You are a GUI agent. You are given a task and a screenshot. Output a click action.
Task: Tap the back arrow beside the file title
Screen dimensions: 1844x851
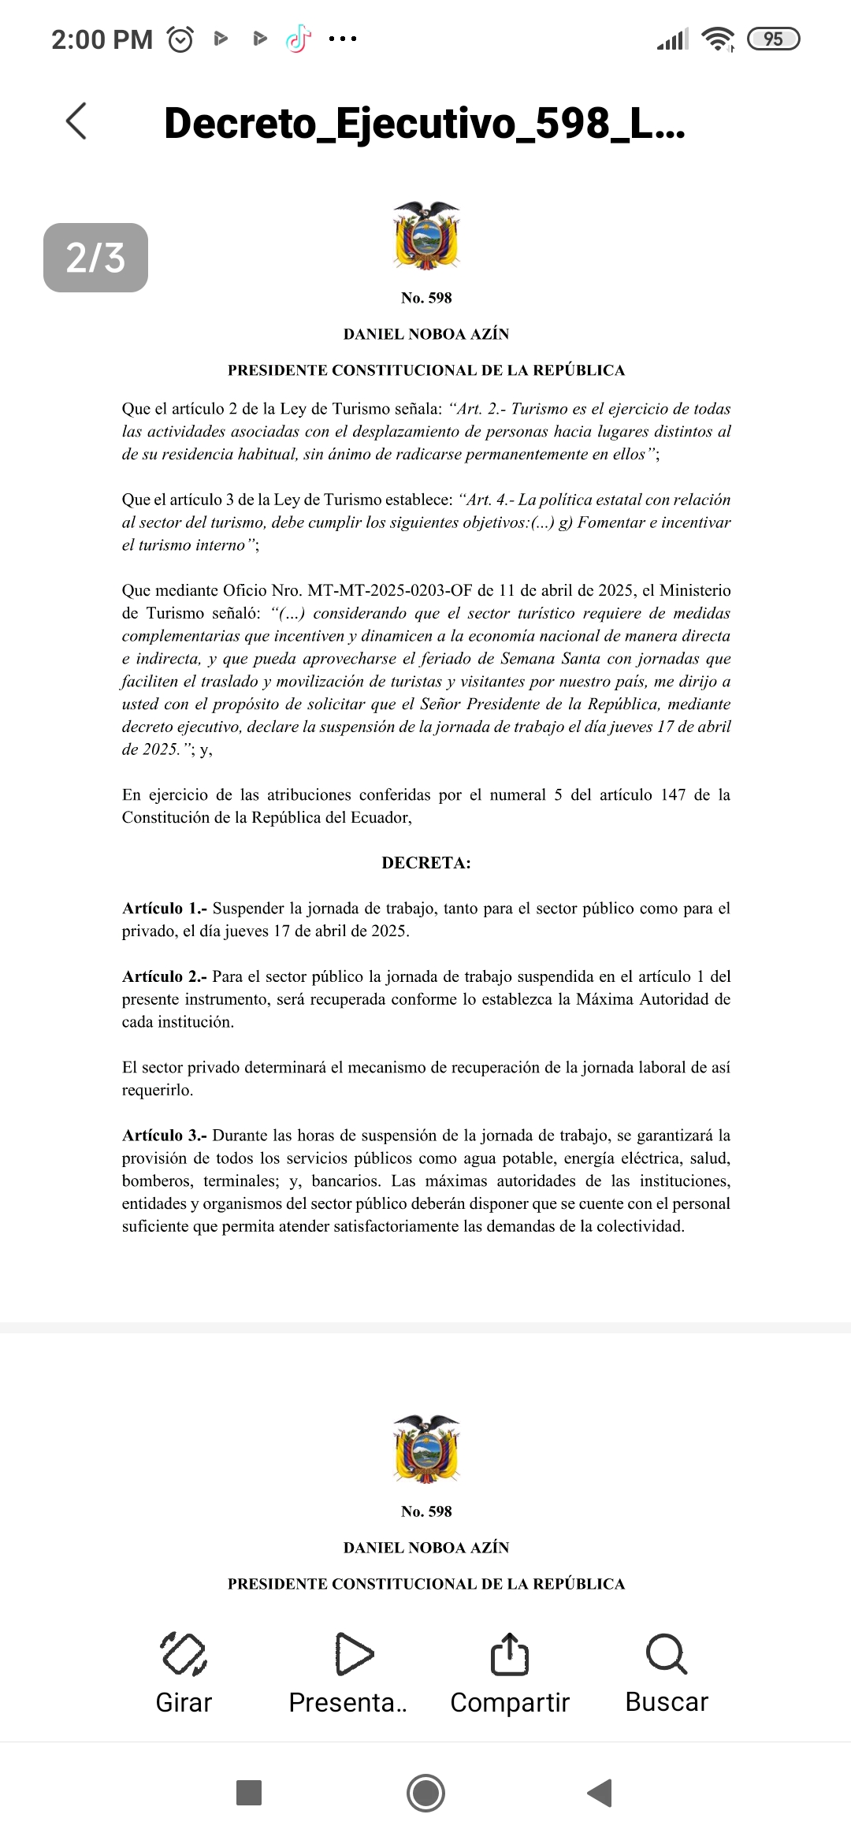pos(76,121)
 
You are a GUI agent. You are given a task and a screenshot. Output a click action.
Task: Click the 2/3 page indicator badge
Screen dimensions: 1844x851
pos(95,258)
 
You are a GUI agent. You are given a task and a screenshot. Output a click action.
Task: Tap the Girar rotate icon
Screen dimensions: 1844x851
pos(184,1653)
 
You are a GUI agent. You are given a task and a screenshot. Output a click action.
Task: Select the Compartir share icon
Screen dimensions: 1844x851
pos(509,1653)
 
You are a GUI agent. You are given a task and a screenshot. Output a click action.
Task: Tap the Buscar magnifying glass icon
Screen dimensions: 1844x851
pos(667,1653)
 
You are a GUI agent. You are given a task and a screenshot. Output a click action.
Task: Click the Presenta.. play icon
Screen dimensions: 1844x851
pos(354,1653)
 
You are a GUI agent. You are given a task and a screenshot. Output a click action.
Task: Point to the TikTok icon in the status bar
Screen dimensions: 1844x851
pos(298,39)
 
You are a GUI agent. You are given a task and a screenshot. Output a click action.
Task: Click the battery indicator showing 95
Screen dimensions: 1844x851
pos(773,39)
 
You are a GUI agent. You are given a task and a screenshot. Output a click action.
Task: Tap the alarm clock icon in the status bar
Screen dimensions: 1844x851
pos(180,39)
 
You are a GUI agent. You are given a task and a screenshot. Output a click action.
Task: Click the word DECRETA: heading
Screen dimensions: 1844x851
pos(426,863)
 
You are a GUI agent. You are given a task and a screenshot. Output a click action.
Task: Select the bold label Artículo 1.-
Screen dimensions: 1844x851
pos(165,909)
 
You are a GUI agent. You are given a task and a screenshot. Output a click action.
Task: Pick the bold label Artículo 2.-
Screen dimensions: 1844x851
pos(165,976)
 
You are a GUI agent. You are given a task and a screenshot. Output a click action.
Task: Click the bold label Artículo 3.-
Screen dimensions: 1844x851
pos(165,1136)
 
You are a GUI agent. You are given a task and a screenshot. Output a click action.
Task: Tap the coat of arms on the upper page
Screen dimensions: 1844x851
pos(426,236)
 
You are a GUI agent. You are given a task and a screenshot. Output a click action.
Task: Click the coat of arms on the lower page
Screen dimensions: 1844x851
pos(426,1449)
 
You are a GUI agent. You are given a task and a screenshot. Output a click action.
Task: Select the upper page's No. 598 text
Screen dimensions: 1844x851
pos(426,298)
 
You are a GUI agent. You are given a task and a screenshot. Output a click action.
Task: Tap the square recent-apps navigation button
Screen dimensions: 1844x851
pos(249,1793)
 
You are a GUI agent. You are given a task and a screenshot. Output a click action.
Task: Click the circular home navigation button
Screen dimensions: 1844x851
pos(425,1793)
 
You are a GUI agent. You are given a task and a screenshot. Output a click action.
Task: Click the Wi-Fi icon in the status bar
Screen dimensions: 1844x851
pos(718,39)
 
